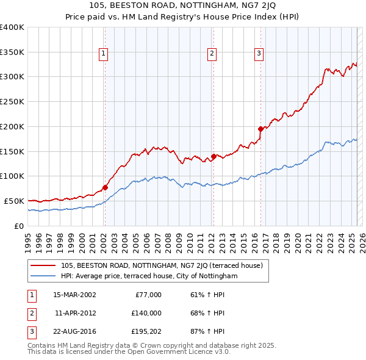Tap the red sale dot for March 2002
105,187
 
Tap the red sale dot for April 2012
213,156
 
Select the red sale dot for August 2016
260,129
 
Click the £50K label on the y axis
14,201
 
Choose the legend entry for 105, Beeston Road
162,265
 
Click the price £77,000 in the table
148,295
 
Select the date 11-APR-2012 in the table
75,313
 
